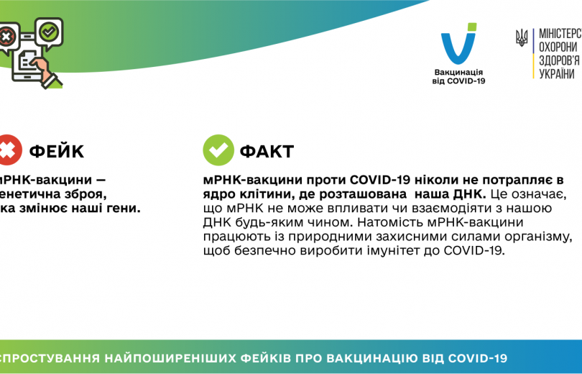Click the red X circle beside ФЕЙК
tap(9, 150)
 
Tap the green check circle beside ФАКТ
tap(218, 150)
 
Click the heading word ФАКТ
tap(266, 151)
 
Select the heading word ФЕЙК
tap(56, 151)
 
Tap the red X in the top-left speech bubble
tap(6, 35)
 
